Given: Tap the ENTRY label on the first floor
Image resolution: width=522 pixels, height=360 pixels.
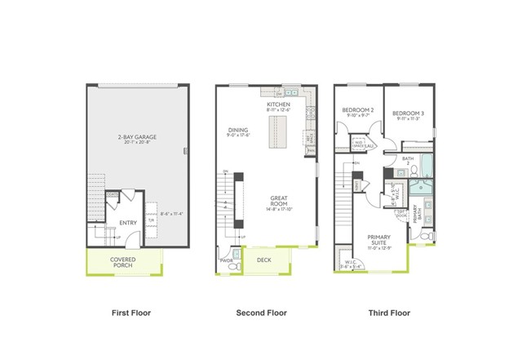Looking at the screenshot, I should point(128,221).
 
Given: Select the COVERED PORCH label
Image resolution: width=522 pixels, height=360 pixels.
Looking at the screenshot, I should point(124,262).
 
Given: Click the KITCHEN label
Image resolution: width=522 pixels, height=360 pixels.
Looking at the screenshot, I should point(279,105).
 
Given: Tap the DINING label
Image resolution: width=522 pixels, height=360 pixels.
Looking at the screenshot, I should point(238,129).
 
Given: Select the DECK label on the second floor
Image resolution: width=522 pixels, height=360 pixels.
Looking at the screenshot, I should point(263,260).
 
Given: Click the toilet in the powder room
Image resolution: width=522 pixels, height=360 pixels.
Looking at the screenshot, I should point(236,266).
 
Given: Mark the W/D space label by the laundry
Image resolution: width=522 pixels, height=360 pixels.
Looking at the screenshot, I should point(362,144).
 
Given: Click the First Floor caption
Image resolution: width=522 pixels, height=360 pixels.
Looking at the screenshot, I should point(130,313).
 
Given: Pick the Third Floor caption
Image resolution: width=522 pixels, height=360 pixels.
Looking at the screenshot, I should point(388,313).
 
